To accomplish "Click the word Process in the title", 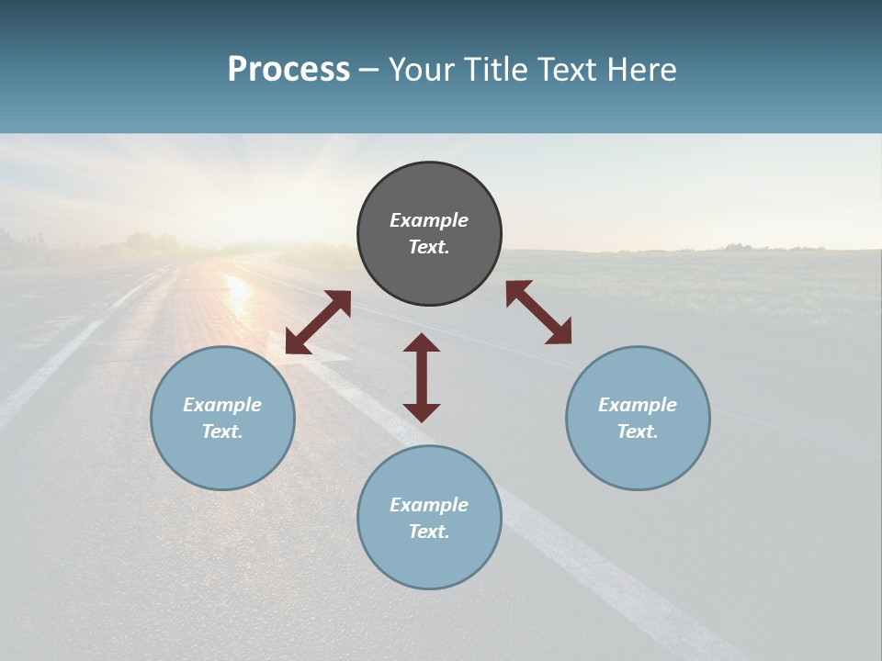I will [288, 70].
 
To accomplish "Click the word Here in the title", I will [641, 70].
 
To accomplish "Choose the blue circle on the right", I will [638, 459].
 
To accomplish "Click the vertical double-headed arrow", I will [422, 377].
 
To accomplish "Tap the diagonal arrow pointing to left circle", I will [318, 322].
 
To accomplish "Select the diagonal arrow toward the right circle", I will [538, 312].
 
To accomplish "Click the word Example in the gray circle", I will [429, 220].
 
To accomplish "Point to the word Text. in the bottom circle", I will [429, 532].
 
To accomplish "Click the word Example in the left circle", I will [222, 405].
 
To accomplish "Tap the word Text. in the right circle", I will [638, 431].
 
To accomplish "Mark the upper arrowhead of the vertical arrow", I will [422, 342].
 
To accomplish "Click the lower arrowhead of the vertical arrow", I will [422, 412].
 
